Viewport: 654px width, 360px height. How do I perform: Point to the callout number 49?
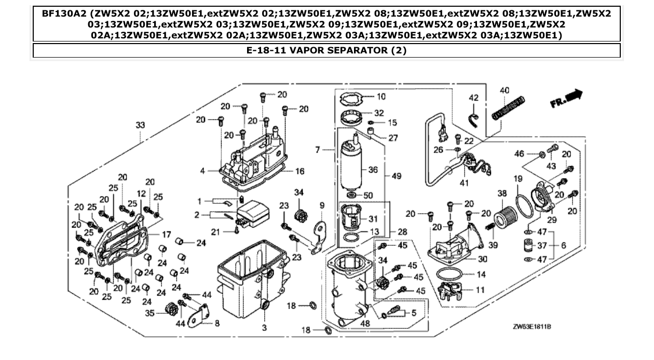coord(397,176)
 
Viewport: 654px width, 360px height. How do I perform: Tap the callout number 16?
coord(299,171)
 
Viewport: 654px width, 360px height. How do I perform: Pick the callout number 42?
coord(473,98)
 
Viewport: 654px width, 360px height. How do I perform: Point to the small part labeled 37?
coord(527,245)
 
